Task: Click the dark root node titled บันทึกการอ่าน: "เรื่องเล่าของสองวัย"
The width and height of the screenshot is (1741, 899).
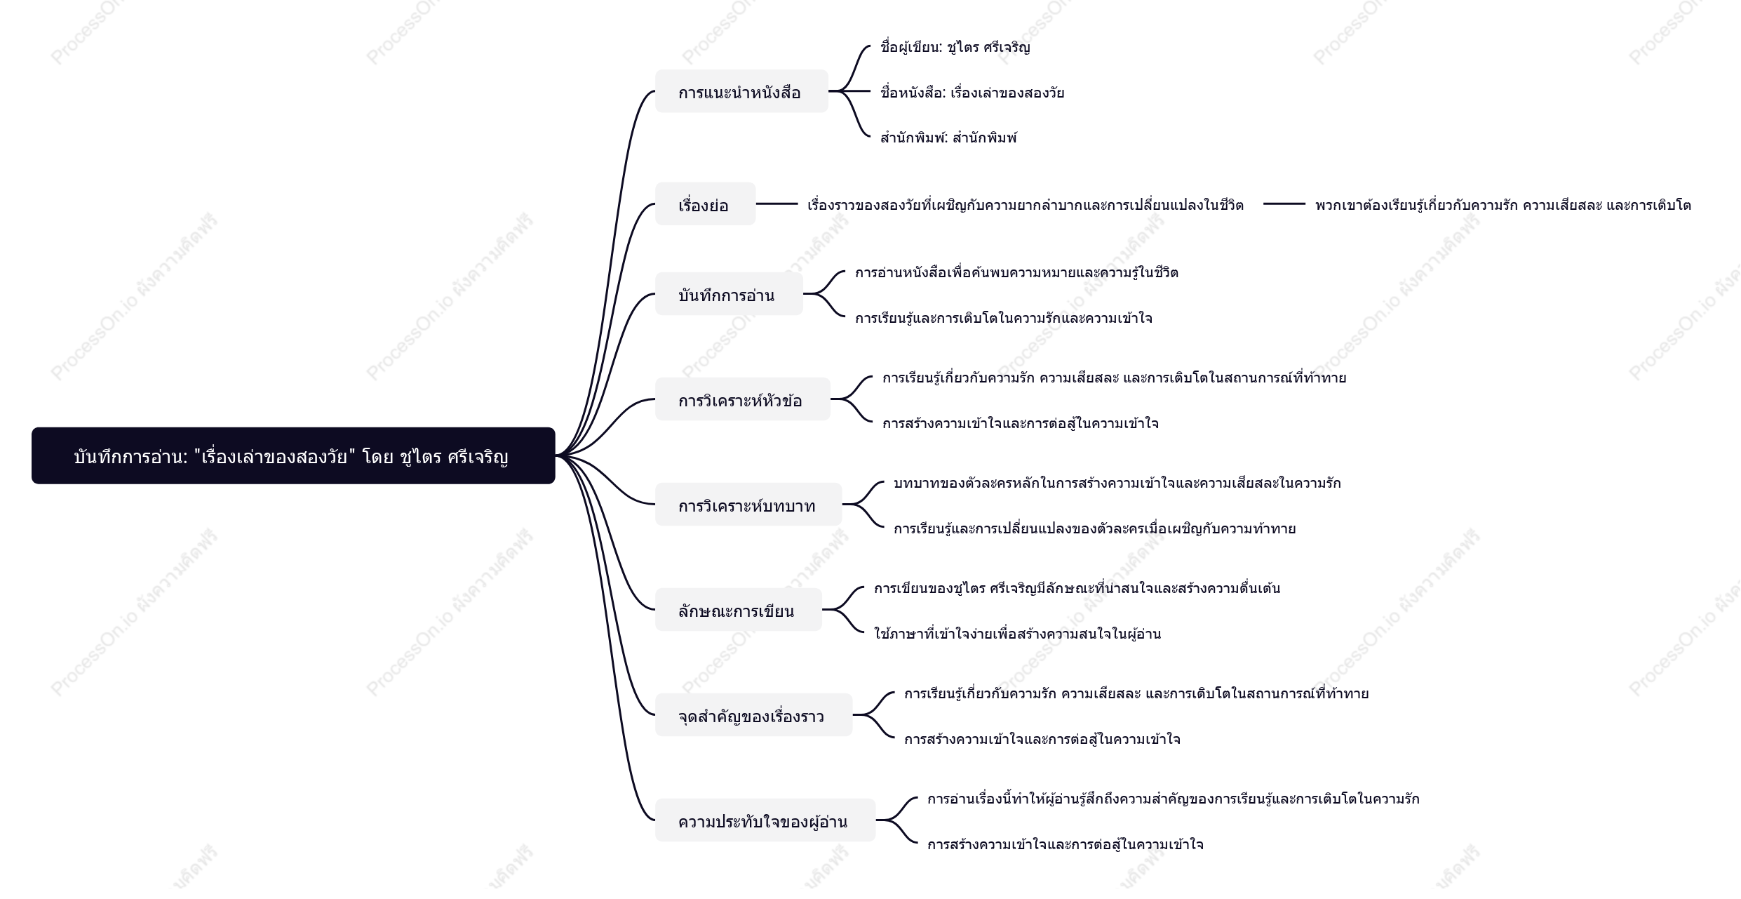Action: click(293, 455)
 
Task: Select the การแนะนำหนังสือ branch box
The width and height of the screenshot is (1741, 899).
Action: click(741, 91)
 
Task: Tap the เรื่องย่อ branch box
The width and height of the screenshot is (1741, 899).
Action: click(705, 204)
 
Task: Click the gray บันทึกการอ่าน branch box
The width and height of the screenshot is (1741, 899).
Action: click(729, 294)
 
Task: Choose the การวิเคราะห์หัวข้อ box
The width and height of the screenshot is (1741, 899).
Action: click(742, 399)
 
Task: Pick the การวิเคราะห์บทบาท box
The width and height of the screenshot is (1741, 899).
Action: click(748, 505)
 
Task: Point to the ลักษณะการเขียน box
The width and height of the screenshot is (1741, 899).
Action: click(738, 610)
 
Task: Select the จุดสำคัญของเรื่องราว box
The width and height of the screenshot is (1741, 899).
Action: click(753, 715)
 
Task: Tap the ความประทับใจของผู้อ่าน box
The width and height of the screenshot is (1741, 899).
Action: click(765, 820)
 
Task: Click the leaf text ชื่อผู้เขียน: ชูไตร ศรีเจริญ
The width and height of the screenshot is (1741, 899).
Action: click(955, 48)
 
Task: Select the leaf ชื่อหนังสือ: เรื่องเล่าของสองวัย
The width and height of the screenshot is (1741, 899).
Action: click(972, 93)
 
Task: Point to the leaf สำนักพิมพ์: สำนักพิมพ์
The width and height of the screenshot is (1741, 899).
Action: click(948, 138)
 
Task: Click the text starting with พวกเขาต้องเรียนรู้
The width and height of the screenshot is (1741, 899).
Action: click(1503, 205)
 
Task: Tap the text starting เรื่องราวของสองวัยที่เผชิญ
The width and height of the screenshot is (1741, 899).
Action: click(1026, 205)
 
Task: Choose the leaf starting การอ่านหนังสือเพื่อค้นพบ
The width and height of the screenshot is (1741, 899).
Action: click(1016, 272)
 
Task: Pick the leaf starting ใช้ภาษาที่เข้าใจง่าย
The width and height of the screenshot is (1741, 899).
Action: click(1017, 634)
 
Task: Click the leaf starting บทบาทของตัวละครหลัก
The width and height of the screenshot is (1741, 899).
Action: click(1117, 483)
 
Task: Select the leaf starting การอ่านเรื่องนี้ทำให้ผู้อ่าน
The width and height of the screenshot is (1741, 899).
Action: click(1173, 799)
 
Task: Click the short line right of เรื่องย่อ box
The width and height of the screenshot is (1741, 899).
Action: click(777, 204)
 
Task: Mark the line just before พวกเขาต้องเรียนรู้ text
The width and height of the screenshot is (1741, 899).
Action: click(1284, 204)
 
